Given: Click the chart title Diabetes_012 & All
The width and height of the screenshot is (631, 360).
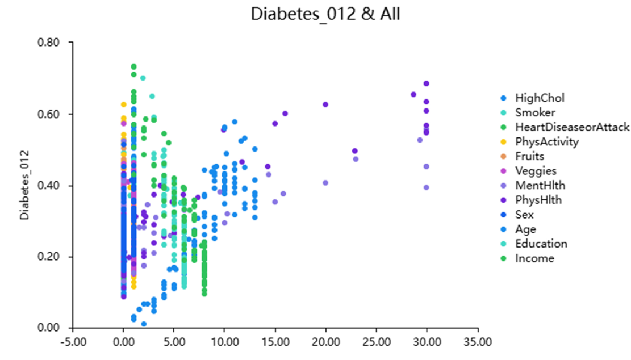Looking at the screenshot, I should [325, 14].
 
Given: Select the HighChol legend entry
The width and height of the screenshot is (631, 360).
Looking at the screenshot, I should [540, 98].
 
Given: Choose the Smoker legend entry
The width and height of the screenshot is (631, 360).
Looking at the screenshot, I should [535, 112].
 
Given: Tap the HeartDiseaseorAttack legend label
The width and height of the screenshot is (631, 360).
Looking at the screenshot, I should [572, 127].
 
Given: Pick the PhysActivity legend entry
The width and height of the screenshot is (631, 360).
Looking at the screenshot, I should [547, 142].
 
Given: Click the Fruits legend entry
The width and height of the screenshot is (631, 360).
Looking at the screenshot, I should [529, 156].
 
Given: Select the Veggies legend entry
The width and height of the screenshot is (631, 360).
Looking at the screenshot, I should [536, 171].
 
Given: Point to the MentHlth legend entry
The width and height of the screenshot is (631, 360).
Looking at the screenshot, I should [540, 185].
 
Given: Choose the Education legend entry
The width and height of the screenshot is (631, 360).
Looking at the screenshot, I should [541, 244].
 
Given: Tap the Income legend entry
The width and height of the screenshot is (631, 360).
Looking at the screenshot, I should [534, 258].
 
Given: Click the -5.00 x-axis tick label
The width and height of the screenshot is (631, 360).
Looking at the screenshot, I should [72, 342].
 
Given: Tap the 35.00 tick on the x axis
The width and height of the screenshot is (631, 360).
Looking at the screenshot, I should [478, 342].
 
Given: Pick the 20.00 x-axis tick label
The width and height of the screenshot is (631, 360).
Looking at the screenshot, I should [325, 342].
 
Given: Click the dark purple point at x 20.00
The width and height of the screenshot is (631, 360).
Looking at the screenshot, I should [325, 104].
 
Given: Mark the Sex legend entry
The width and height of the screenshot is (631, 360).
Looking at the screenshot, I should [524, 215].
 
